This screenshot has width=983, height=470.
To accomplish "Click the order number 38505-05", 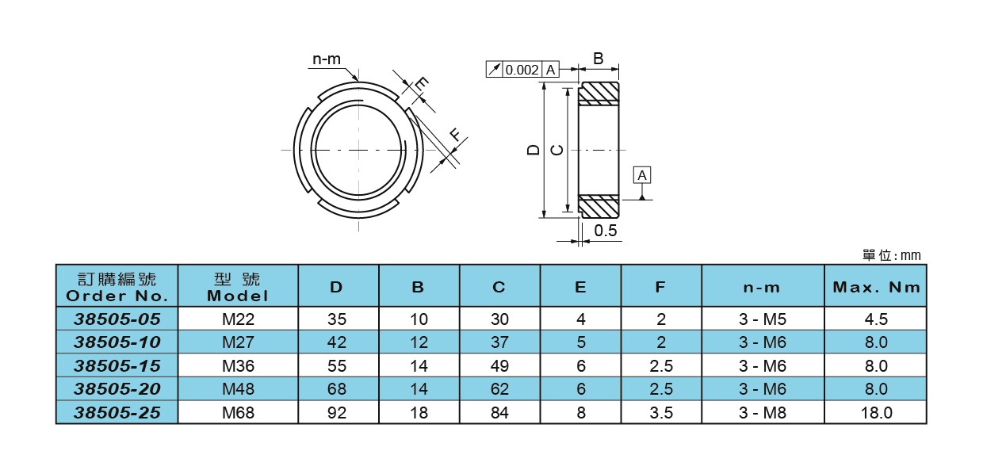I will point(117,319).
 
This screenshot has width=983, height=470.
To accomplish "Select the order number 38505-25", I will point(117,413).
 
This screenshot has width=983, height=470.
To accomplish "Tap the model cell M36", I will point(238,366).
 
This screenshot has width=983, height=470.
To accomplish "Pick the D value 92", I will point(338,413).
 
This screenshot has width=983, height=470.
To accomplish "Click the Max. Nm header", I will point(876,287).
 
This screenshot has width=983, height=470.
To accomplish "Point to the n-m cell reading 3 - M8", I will point(763,413).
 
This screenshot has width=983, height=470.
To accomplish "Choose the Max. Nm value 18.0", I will point(876,413).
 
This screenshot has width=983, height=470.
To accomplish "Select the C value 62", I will point(499,389).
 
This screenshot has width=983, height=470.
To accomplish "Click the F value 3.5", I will point(661,413).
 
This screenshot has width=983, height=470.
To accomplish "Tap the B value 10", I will point(419,319).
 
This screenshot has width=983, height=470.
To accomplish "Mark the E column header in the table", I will point(580,287).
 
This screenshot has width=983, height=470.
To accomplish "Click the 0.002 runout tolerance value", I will point(522,70).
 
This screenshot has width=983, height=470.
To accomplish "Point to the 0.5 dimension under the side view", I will point(606,231).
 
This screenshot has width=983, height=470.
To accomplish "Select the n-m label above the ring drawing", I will point(326,59).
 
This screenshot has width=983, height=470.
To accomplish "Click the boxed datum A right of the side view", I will point(642,174).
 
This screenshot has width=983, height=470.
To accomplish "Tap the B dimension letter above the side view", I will point(599,59).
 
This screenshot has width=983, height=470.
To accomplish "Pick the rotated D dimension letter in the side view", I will point(534,149).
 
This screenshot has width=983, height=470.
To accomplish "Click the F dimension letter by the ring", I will point(455,135).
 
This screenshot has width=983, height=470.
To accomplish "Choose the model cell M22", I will point(238,319).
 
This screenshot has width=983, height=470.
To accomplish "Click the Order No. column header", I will point(117,287).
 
